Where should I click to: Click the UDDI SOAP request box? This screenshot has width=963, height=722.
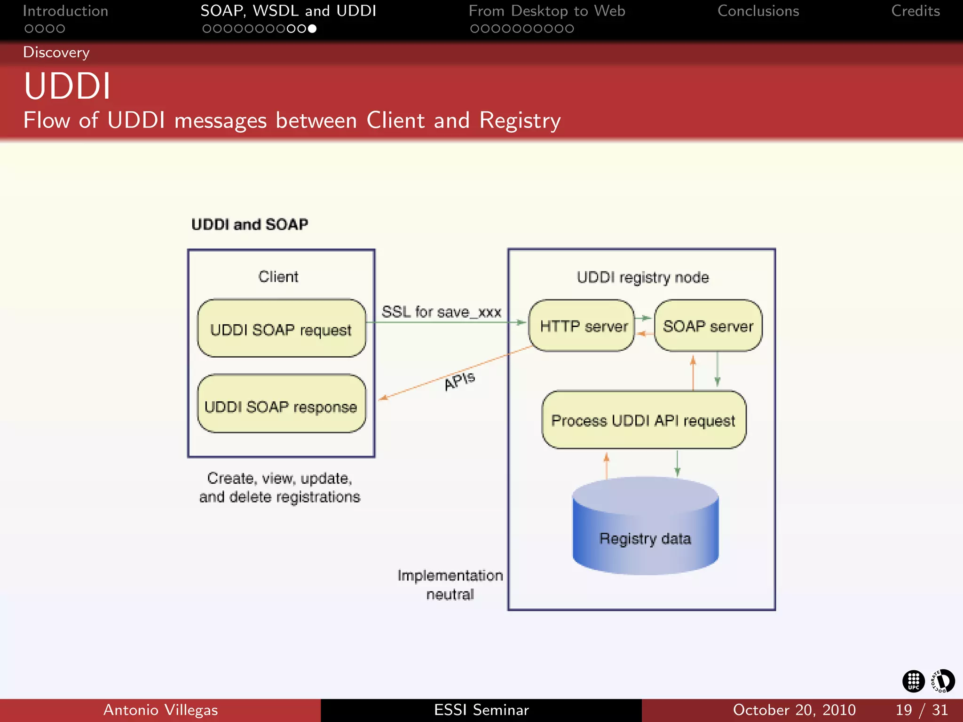(281, 329)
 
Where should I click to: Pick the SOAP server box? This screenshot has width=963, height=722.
(708, 326)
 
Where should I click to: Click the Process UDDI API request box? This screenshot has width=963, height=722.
(643, 420)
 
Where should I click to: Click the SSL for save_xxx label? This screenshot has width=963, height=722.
(441, 312)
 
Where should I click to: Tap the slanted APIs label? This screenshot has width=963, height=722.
(459, 380)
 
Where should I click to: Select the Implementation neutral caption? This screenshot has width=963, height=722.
(450, 585)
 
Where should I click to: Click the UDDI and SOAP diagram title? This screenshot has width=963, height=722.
(250, 224)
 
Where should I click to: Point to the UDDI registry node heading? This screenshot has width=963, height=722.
(642, 277)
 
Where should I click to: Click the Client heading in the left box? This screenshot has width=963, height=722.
(278, 276)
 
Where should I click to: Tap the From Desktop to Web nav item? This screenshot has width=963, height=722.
(546, 11)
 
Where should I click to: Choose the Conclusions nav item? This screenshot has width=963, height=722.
(758, 11)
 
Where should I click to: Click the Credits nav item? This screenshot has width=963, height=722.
(915, 11)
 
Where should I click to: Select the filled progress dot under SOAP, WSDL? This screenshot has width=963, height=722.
(312, 29)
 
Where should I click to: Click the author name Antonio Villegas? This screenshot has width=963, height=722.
(160, 710)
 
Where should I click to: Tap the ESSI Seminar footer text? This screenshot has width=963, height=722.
(481, 710)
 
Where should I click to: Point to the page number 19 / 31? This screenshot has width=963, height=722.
(921, 710)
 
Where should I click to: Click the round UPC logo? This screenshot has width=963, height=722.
(913, 681)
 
